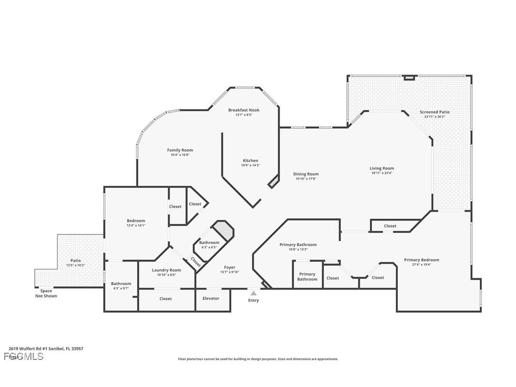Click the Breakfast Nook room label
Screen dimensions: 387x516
coord(244,110)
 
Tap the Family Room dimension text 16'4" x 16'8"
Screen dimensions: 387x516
coord(180,155)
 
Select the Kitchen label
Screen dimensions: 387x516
coord(250,161)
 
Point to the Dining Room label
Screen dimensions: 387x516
coord(306,174)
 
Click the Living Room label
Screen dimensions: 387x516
coord(382,168)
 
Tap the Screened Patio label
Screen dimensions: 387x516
coord(434,112)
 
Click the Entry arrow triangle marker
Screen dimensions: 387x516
coord(254,293)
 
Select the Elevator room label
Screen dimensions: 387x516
coord(211,299)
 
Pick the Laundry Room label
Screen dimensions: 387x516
coord(166,270)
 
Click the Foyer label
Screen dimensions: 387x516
coord(229,267)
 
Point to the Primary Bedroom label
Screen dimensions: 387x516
coord(421,260)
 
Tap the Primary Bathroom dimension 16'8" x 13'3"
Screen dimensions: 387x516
coord(298,250)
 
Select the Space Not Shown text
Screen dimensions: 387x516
coord(46,293)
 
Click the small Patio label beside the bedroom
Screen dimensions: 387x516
coord(76,261)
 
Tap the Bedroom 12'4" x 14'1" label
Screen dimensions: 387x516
coord(136,221)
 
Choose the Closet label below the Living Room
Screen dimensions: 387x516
coord(390,226)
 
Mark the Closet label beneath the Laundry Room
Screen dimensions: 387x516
coord(166,299)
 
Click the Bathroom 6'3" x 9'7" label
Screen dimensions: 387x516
coord(121,284)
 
